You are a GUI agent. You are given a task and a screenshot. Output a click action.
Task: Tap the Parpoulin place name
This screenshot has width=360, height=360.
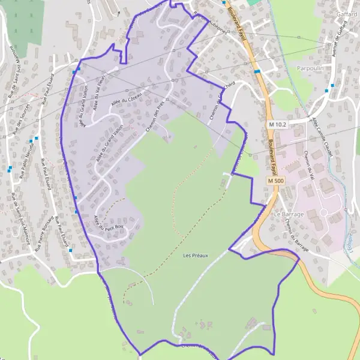click(310, 68)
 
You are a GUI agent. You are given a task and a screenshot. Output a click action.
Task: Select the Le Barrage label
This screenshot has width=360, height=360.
click(289, 214)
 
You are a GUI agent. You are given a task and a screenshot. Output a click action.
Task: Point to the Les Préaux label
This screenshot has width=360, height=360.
click(196, 256)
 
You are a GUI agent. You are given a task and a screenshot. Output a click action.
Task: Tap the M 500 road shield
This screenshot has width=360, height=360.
click(275, 181)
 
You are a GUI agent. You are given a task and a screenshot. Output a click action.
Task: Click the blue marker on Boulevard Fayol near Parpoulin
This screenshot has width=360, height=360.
click(257, 71)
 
